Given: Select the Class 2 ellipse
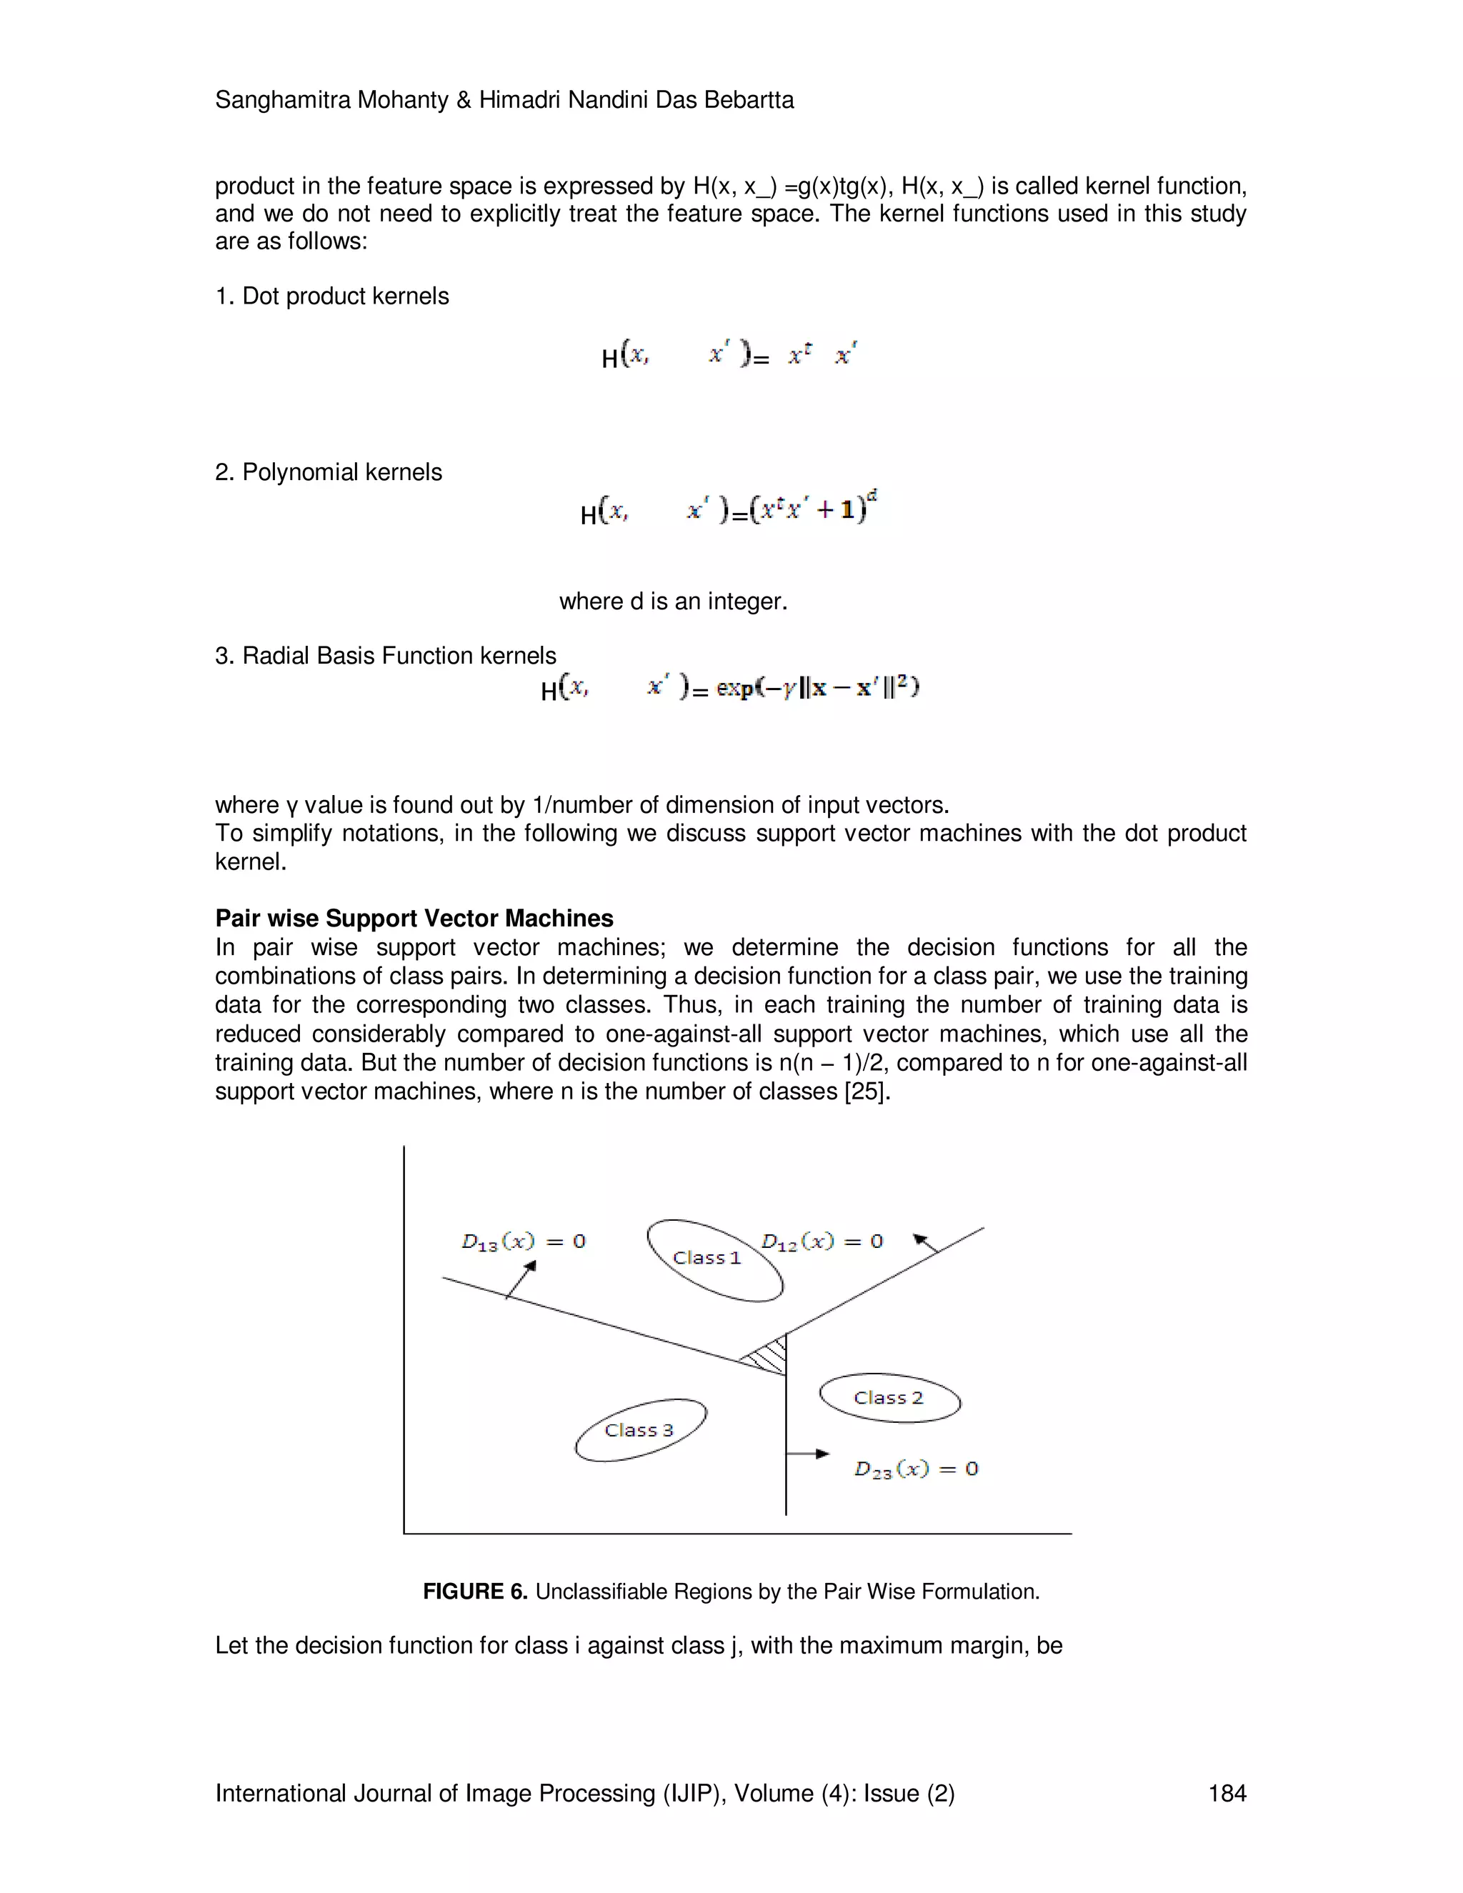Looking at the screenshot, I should click(889, 1397).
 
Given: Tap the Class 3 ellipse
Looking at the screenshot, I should click(639, 1430).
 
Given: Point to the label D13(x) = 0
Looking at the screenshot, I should click(524, 1242).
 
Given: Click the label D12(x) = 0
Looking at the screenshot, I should click(822, 1242).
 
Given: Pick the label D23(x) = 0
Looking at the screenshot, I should click(916, 1468).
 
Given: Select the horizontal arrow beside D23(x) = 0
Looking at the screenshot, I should click(808, 1454).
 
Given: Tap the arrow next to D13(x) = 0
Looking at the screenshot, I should click(521, 1279).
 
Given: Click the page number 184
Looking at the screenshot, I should click(1227, 1792).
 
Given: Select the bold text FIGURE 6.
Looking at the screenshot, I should click(475, 1592).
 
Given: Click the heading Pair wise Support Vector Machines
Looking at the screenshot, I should click(414, 918).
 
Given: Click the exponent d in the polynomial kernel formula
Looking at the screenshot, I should click(872, 495).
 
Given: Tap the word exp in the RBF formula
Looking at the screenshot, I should click(735, 688).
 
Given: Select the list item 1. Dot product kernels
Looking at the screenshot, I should click(332, 296).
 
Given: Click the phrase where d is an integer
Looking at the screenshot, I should click(674, 601).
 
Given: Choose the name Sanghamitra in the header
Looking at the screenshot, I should click(283, 100).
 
